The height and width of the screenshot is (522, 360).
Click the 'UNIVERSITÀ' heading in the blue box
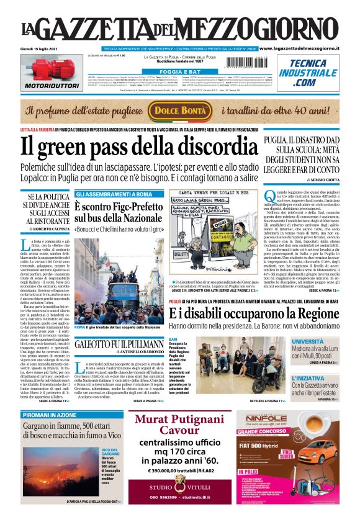point(325,342)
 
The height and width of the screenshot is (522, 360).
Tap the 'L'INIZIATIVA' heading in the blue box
point(324,377)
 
